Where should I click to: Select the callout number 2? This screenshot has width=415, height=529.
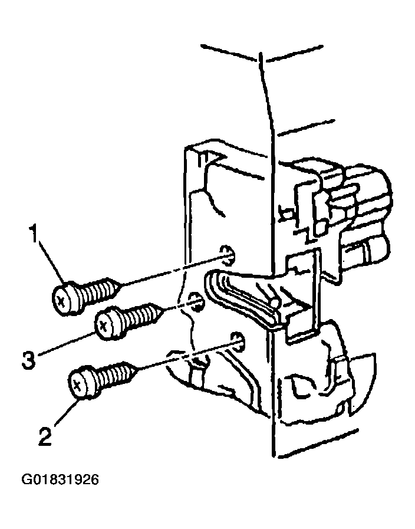(x=45, y=436)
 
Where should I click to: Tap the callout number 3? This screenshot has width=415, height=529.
(x=28, y=360)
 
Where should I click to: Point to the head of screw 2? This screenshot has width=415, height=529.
(x=83, y=383)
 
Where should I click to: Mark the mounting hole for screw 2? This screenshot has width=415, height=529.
(x=238, y=340)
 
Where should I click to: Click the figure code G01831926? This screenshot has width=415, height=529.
(x=60, y=479)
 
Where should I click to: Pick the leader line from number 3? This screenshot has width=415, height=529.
(x=66, y=344)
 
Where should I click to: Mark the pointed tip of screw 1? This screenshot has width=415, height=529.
(x=120, y=285)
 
